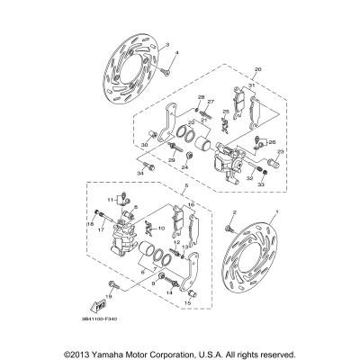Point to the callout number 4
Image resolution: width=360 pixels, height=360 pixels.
(177, 54)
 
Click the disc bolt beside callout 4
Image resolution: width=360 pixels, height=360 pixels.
(167, 68)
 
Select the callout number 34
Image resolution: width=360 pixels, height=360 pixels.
(140, 174)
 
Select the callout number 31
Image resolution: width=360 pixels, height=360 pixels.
(253, 85)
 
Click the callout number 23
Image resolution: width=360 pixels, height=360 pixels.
(280, 152)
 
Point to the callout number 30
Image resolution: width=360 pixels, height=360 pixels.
(144, 145)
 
